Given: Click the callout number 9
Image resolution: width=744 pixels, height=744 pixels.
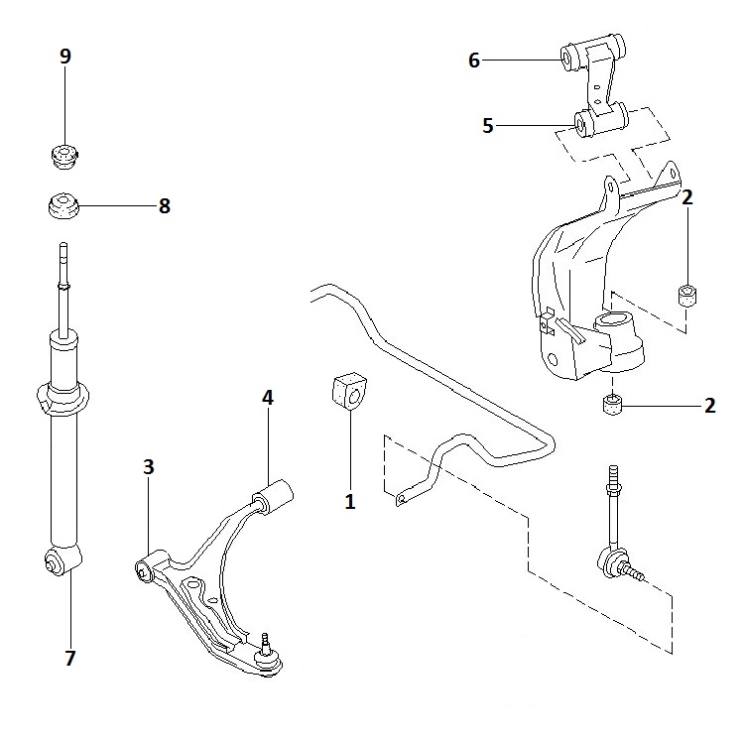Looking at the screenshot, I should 65,56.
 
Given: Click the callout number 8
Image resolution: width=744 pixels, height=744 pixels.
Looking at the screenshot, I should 164,206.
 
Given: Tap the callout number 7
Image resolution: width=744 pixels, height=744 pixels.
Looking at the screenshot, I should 70,656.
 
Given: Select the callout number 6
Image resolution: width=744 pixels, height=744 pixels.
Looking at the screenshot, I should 474,62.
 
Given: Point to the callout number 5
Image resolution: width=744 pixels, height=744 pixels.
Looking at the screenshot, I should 487,126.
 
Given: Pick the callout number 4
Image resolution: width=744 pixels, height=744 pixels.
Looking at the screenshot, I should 267,397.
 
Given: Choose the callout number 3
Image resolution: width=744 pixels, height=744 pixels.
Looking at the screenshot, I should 149,467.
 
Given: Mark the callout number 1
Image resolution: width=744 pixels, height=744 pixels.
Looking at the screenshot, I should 349,501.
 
